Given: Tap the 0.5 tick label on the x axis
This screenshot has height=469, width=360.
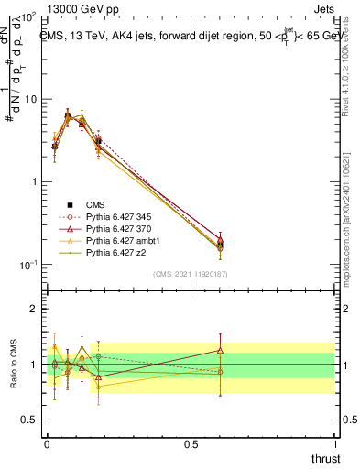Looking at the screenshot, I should (x=190, y=442).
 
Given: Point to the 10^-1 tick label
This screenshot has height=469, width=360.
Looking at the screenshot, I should (x=27, y=265).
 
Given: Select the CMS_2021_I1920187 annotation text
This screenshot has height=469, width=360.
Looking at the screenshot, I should (x=190, y=274).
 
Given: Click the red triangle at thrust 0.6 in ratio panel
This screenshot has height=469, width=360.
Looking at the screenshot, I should (x=220, y=349).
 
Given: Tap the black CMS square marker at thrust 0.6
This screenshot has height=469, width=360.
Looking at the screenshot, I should (x=220, y=245).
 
